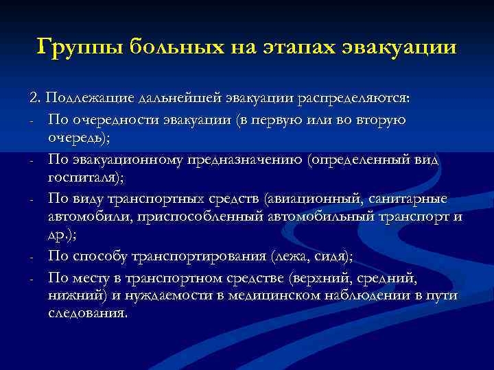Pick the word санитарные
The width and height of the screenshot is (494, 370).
point(408,199)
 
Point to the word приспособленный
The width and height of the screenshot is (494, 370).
point(172,218)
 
